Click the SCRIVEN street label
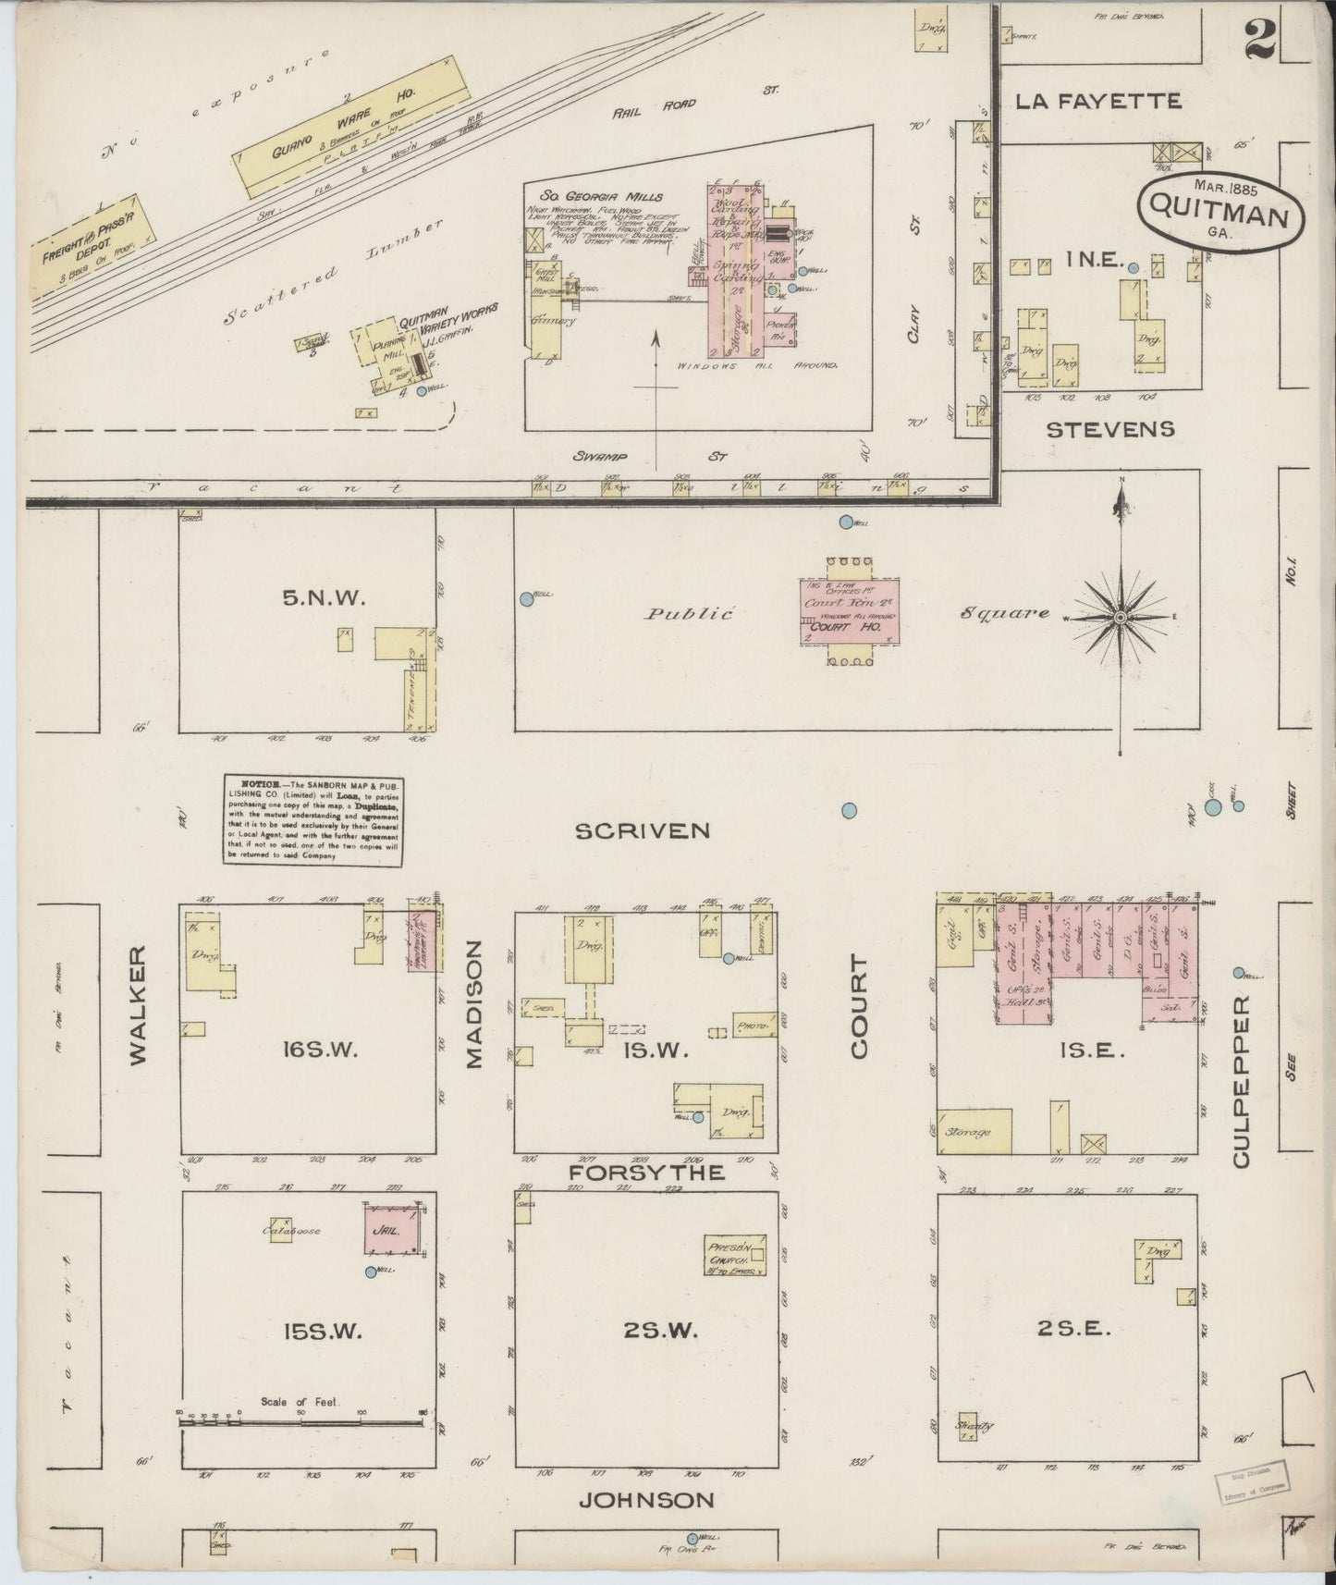point(643,830)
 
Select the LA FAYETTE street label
point(1098,101)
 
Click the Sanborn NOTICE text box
point(313,820)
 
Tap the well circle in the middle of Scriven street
point(849,811)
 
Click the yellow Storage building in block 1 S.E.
point(974,1131)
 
